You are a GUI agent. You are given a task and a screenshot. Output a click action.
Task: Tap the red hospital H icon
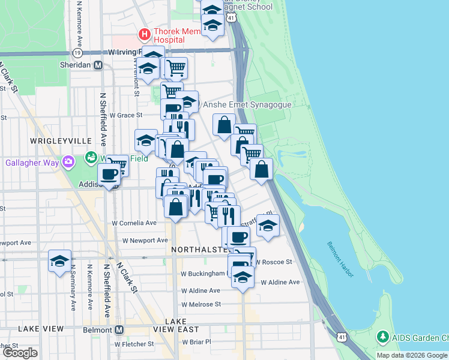point(143,33)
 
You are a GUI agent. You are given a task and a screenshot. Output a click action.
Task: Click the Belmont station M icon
point(119,329)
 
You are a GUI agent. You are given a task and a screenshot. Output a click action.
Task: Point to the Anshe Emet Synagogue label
point(247,104)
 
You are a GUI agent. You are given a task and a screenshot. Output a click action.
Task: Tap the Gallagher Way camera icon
point(69,162)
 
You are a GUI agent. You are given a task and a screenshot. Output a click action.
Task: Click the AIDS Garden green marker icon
point(382,338)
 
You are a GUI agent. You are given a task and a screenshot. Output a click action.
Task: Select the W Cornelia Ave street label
point(135,223)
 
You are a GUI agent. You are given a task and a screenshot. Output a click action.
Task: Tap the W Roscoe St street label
point(273,262)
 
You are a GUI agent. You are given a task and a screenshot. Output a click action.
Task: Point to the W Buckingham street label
point(203,274)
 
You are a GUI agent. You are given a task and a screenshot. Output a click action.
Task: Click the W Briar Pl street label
point(192,342)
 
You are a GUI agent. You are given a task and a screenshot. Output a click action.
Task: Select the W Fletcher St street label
point(142,344)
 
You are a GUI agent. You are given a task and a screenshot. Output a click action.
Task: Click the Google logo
point(20,353)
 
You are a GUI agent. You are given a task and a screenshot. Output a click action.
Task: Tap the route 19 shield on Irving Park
point(76,52)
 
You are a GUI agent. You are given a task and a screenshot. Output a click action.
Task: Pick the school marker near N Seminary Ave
point(59,261)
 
